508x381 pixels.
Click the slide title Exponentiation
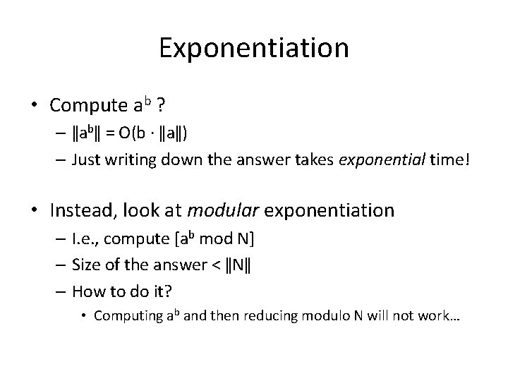[x=254, y=49]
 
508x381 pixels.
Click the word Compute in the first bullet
[x=89, y=106]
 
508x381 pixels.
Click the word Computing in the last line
[x=124, y=315]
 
